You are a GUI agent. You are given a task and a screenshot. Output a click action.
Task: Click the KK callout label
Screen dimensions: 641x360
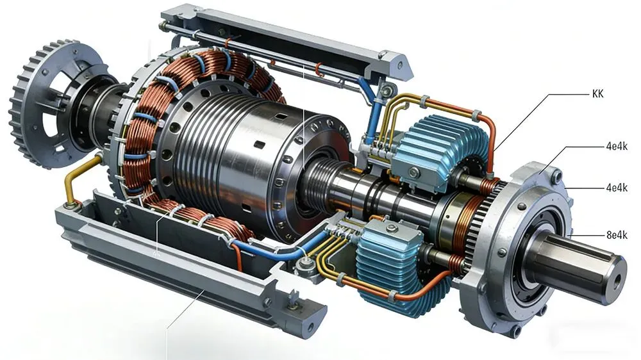coord(597,94)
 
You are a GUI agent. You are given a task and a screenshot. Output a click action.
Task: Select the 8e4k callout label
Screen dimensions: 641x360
coord(617,235)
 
